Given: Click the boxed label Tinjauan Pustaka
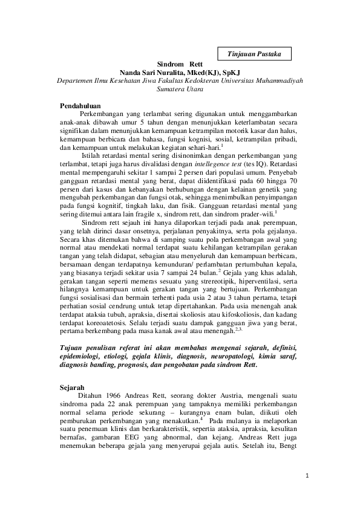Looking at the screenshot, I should click(254, 54).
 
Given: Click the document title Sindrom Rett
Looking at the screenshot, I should click(180, 63).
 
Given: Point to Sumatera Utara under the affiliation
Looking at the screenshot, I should click(180, 89).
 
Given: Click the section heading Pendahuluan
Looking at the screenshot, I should click(80, 106).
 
